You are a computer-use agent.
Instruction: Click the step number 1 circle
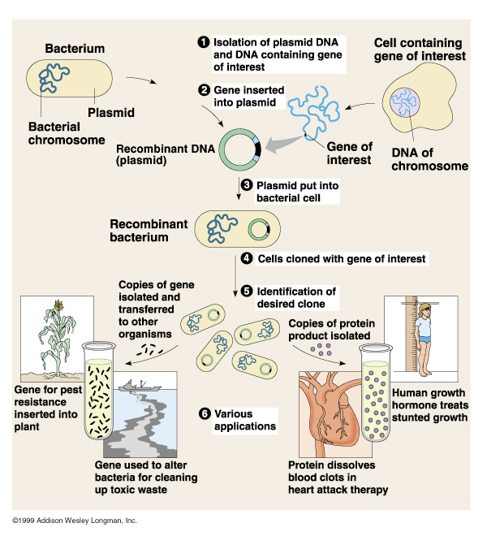coord(203,41)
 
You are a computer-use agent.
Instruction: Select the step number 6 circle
coord(205,413)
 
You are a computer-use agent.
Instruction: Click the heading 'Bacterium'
coord(75,49)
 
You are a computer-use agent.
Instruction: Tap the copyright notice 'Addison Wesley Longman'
coord(75,520)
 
